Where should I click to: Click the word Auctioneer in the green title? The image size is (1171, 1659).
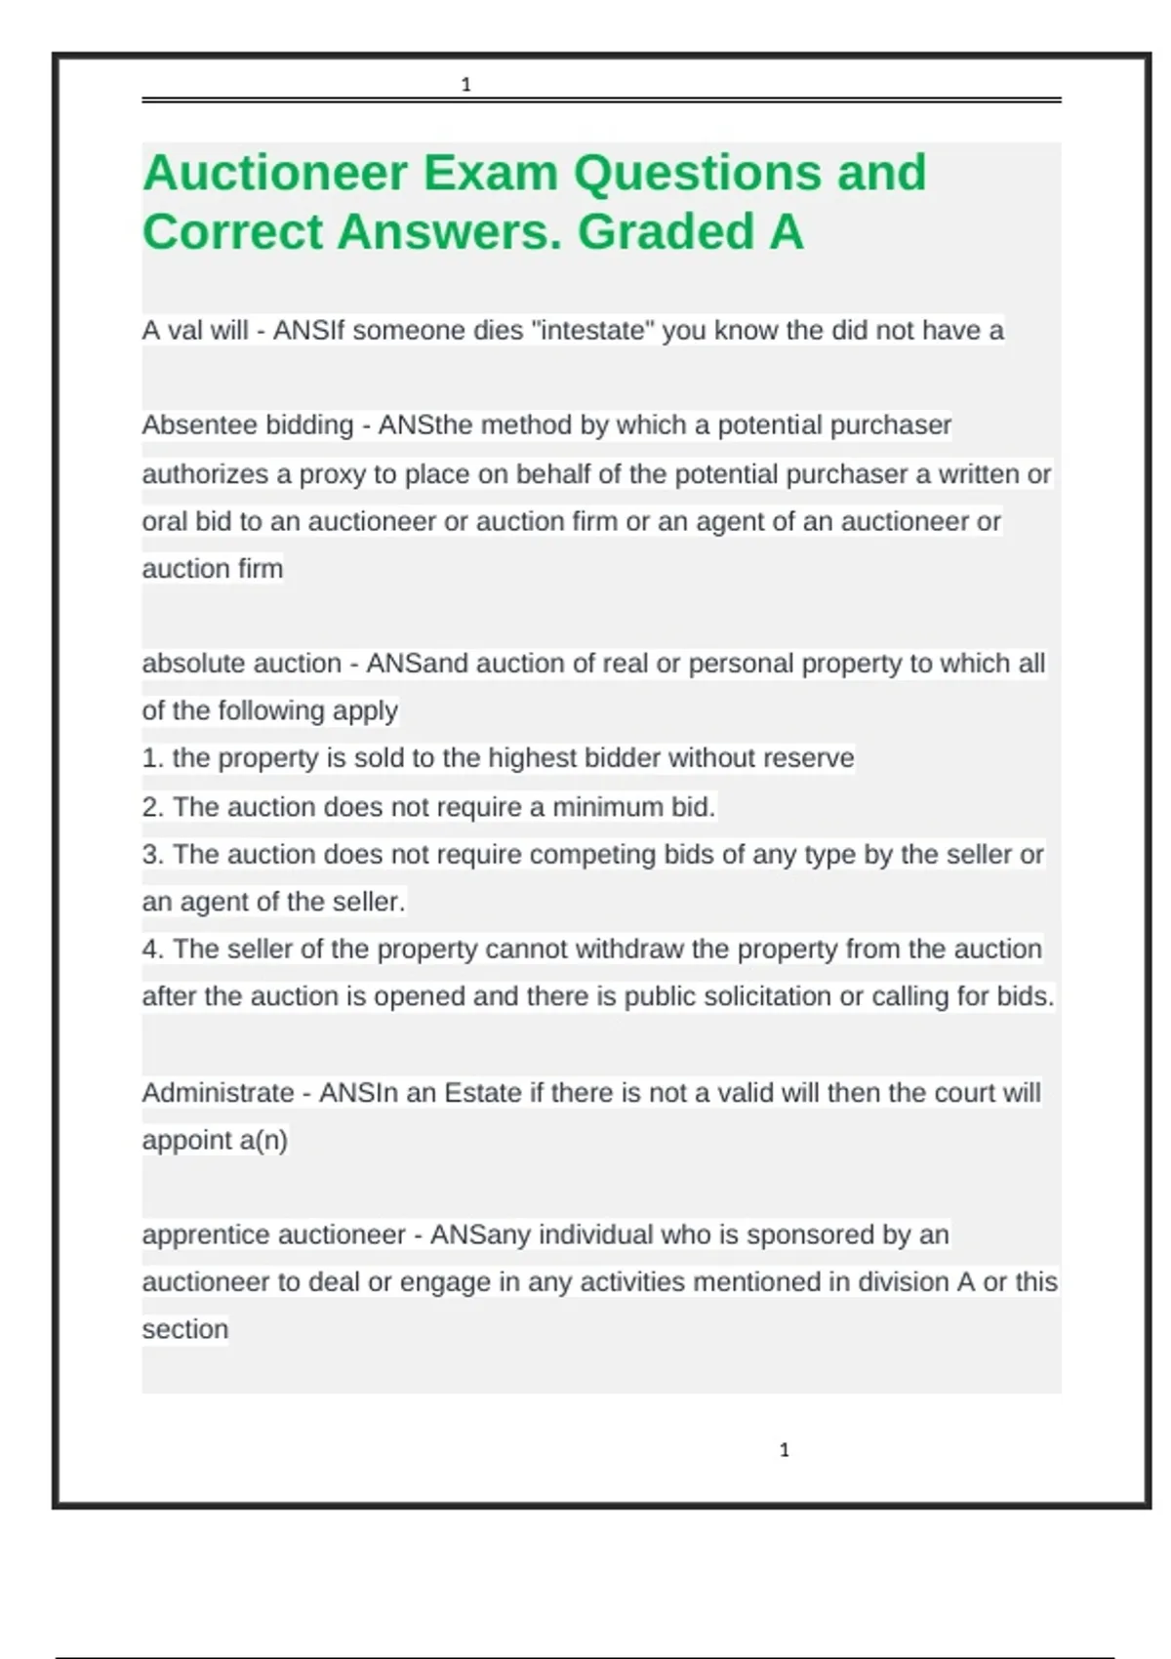[274, 174]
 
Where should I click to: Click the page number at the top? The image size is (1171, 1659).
[465, 85]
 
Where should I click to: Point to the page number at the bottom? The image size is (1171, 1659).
[784, 1450]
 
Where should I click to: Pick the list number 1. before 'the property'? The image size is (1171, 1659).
[152, 758]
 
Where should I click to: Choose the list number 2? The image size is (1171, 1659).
[152, 807]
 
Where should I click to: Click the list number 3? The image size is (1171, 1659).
[152, 855]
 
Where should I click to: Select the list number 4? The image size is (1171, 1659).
[152, 950]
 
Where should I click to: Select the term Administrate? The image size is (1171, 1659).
[218, 1093]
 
